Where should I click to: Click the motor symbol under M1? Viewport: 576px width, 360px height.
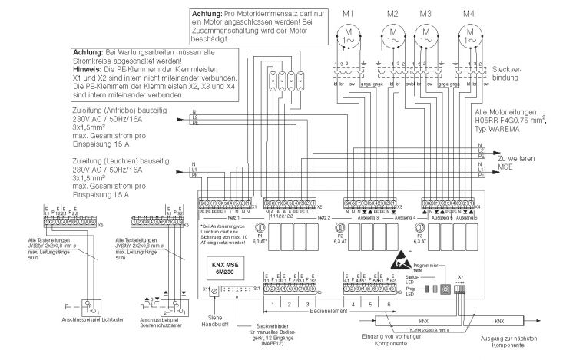349,34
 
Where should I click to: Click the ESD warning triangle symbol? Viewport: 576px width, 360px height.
409,261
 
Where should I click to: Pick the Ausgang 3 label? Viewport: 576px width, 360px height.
361,218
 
